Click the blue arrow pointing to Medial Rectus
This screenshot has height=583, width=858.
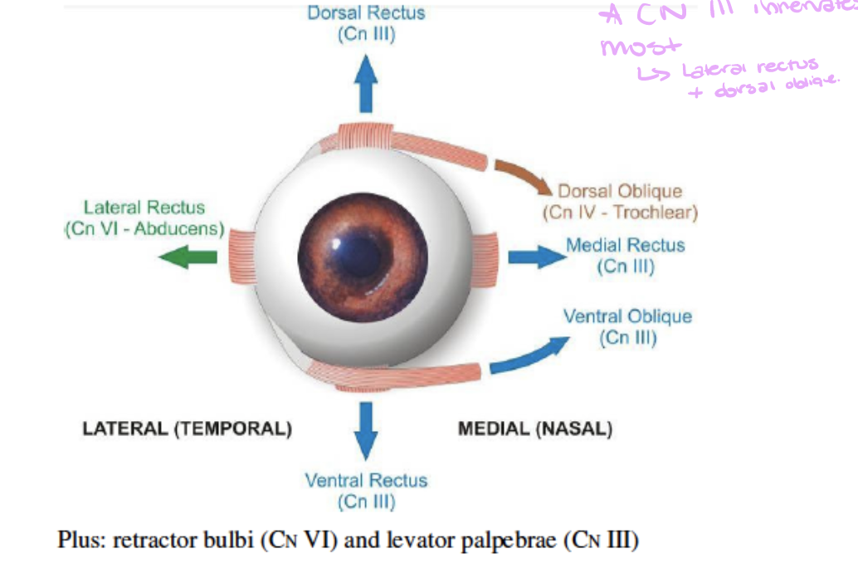[x=535, y=256]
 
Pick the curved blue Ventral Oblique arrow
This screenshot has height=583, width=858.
[x=528, y=355]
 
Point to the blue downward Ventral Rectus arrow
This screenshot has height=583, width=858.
[x=365, y=429]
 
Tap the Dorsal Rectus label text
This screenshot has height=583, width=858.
[x=366, y=13]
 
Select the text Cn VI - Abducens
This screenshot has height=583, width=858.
[x=144, y=229]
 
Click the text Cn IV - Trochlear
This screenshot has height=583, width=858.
[x=620, y=213]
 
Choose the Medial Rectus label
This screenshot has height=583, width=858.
[x=625, y=245]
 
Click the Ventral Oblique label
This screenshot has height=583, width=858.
[x=627, y=316]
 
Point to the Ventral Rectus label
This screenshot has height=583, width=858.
[x=366, y=480]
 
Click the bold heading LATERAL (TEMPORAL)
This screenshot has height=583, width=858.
[x=188, y=429]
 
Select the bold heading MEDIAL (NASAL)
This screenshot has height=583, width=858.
[x=535, y=429]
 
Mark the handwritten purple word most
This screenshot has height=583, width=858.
[x=641, y=47]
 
